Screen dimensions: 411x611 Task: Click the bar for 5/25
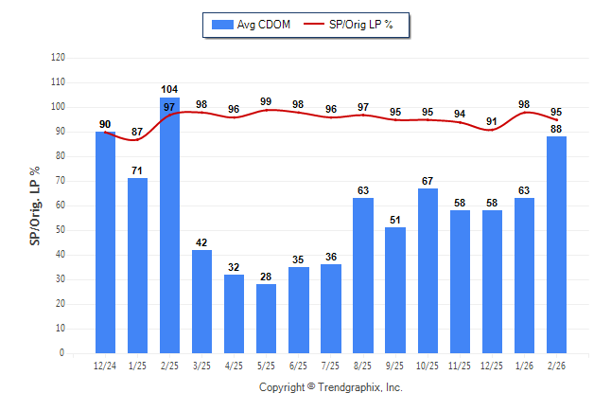point(266,318)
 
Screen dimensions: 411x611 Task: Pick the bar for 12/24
point(105,242)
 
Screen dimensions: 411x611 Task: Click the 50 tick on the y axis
point(61,230)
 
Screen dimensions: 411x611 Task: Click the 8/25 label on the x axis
point(363,366)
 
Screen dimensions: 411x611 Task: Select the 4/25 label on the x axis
point(234,366)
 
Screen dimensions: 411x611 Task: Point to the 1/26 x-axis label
point(524,366)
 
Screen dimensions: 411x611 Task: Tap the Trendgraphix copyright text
point(331,387)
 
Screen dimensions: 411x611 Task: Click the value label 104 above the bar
point(169,89)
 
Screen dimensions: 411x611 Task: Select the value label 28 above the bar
point(266,276)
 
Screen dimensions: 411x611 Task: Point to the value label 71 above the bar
point(137,170)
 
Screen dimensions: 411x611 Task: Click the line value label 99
point(266,101)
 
